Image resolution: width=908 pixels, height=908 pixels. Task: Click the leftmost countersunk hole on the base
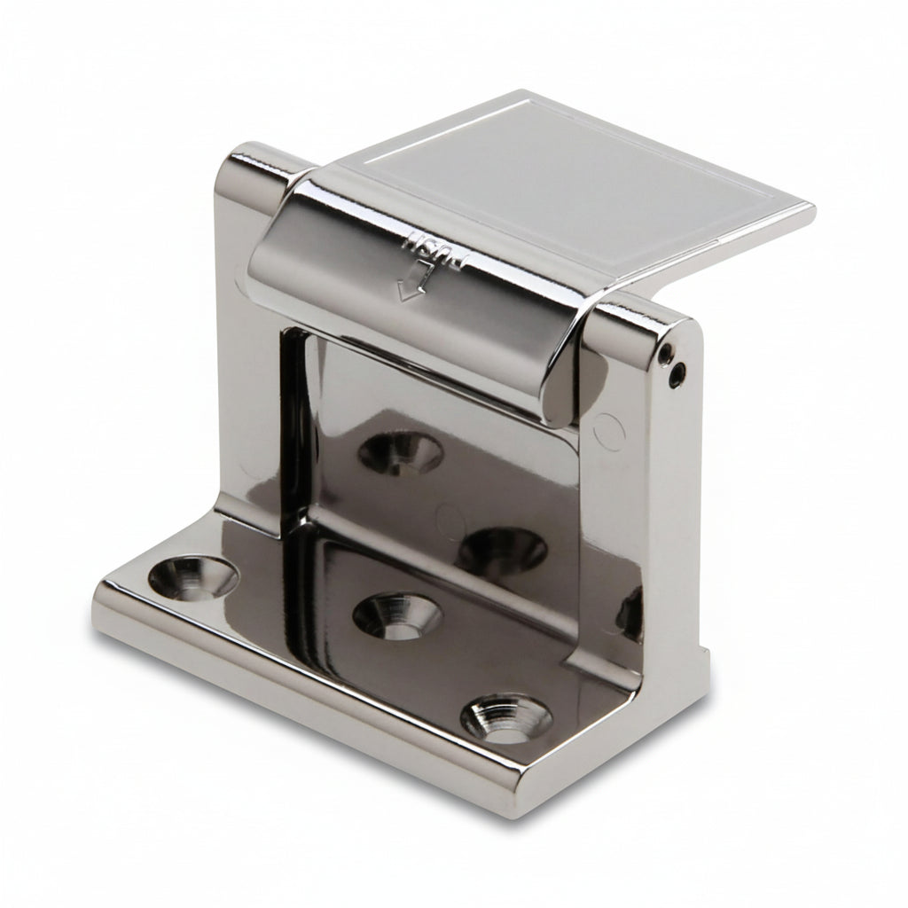pos(192,578)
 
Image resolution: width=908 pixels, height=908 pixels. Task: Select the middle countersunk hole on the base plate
pos(396,614)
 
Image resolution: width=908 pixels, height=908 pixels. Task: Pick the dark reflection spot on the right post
pos(631,612)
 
